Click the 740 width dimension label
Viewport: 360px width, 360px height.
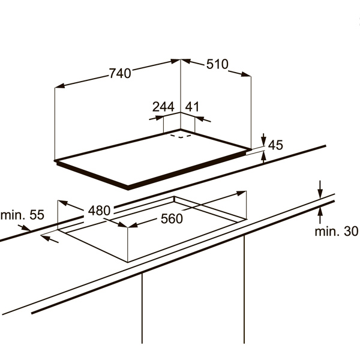click(120, 73)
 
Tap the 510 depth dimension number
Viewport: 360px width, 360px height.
click(217, 64)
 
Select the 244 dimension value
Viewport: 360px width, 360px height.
click(163, 107)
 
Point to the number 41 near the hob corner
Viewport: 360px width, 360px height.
click(192, 107)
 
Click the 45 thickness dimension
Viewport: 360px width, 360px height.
click(275, 145)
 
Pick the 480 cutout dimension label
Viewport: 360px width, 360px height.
click(100, 211)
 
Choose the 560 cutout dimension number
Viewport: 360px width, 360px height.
click(172, 218)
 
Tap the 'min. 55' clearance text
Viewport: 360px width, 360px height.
click(22, 215)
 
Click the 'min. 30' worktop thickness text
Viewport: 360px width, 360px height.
click(337, 231)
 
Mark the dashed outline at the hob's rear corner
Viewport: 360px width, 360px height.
click(181, 136)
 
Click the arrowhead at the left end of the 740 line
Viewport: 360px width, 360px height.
click(59, 86)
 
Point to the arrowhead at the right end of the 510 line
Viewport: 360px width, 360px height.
click(246, 74)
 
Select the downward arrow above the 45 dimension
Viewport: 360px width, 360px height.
click(263, 139)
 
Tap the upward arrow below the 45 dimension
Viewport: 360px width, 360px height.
click(264, 157)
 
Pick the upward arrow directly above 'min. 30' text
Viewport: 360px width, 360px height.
click(320, 215)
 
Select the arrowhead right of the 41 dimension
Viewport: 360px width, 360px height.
click(203, 119)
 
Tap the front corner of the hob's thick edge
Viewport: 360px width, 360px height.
click(128, 188)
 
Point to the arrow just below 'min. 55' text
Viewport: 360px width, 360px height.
click(25, 228)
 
